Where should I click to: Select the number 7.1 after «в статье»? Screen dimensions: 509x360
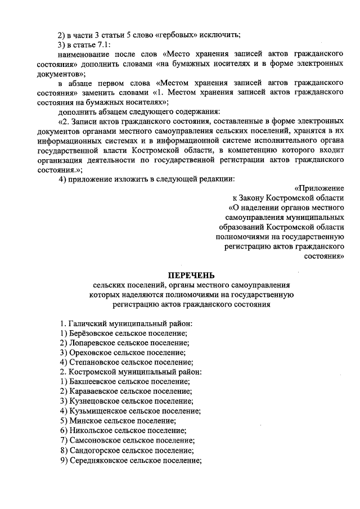(103, 44)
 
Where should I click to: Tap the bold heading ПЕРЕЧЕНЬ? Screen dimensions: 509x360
(191, 275)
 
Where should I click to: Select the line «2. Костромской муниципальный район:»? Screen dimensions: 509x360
(130, 372)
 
